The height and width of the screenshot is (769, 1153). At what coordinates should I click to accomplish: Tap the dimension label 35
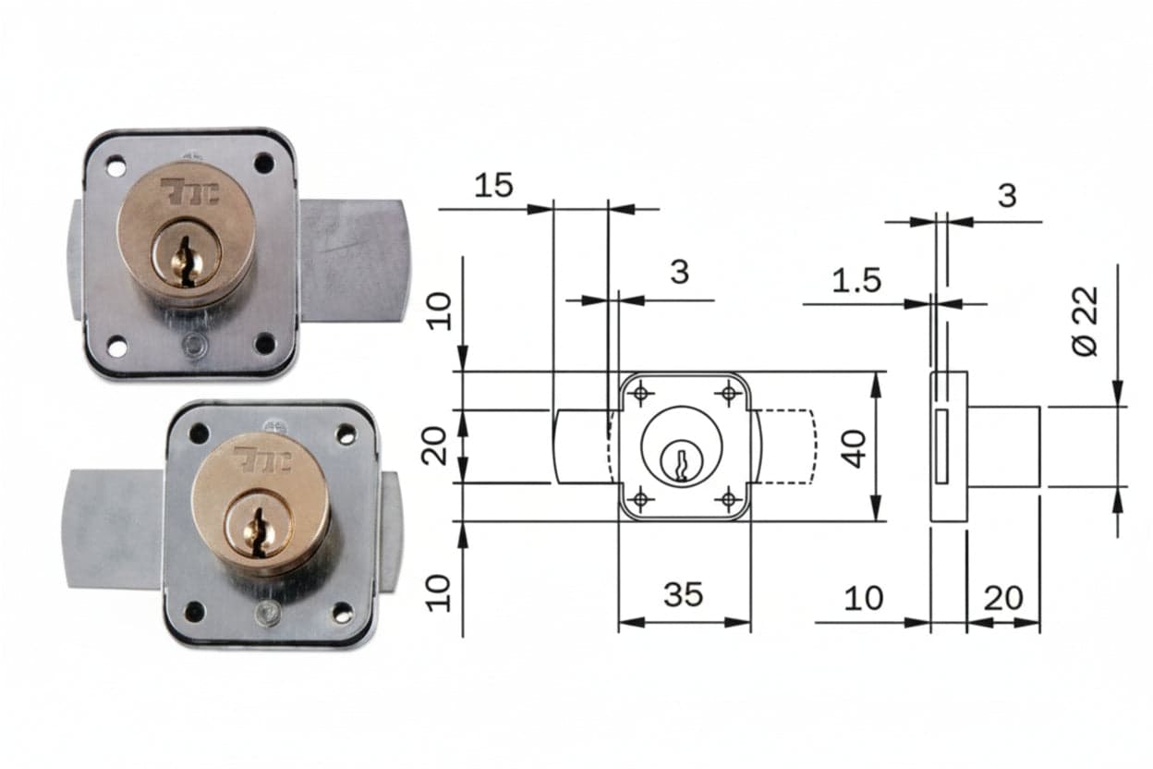coord(683,594)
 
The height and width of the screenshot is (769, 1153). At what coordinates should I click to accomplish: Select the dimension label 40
coord(855,448)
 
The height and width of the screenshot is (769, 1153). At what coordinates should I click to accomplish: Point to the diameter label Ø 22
coord(1085,321)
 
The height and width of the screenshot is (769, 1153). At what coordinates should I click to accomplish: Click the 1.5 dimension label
coord(856,281)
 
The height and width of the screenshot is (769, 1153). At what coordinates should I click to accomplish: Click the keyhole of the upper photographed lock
coord(187,262)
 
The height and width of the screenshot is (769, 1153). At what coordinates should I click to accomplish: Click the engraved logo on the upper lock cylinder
coord(189,191)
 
